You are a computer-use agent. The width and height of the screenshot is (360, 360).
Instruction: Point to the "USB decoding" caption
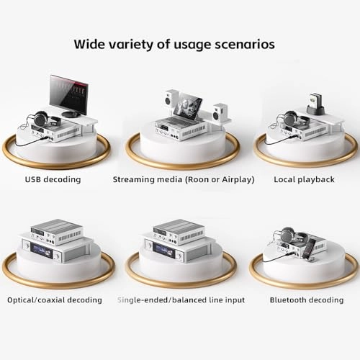click(x=53, y=179)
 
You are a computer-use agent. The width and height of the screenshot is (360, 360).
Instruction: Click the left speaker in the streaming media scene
click(x=172, y=100)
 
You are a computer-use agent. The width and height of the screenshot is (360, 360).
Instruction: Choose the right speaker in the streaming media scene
click(x=220, y=112)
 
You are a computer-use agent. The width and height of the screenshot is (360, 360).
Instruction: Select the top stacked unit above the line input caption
click(x=180, y=230)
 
